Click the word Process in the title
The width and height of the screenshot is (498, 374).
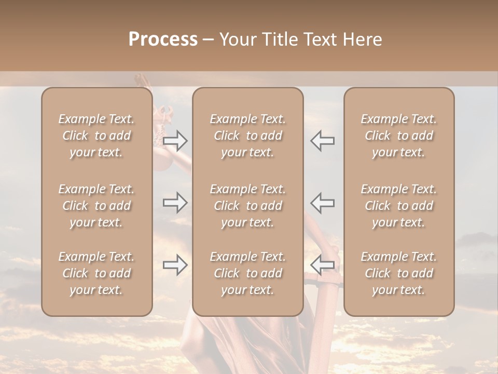coord(163,39)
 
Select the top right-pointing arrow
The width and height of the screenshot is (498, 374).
coord(175,141)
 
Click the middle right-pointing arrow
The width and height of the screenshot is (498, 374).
coord(175,202)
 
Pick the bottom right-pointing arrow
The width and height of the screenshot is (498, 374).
coord(175,265)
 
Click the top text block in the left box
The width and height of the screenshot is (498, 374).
coord(96,136)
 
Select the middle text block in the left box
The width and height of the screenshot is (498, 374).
coord(96,206)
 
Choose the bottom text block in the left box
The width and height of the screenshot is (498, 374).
coord(96,273)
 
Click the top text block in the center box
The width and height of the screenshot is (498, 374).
coord(247,136)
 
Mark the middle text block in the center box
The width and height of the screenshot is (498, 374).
coord(247,206)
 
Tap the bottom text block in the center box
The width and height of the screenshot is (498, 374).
coord(247,273)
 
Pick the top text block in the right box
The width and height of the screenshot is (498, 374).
coord(398,136)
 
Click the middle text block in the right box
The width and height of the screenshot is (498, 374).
coord(398,206)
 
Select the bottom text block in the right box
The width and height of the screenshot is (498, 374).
coord(398,273)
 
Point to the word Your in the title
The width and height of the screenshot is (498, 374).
coord(238,39)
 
